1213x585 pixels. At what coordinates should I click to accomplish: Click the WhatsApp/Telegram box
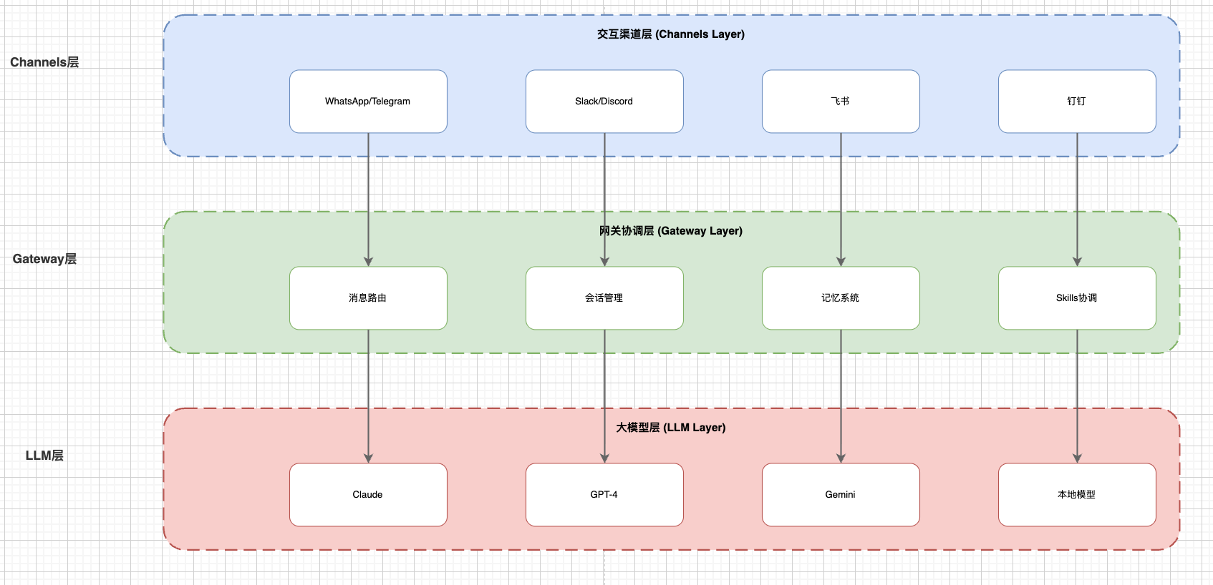click(368, 102)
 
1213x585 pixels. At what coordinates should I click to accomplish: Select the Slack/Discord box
click(604, 102)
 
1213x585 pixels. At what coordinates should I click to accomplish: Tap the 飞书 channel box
click(841, 102)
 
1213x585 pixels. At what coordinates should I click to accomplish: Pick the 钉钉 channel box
click(1077, 102)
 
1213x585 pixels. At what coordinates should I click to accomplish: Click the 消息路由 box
click(368, 298)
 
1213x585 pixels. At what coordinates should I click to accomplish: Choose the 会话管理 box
click(604, 298)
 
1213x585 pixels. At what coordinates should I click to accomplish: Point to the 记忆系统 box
click(841, 298)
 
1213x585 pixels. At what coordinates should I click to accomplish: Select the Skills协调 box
click(1077, 298)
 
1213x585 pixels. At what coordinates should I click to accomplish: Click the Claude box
click(368, 495)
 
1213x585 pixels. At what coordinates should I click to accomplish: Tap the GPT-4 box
click(604, 495)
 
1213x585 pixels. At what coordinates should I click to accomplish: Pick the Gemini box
click(841, 495)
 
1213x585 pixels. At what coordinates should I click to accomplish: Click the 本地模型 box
click(1077, 495)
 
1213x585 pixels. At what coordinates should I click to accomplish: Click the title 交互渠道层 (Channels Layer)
click(671, 34)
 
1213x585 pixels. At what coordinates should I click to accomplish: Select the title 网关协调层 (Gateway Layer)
click(671, 231)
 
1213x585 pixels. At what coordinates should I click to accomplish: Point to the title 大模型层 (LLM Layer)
click(671, 428)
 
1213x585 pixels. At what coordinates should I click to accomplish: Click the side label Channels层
click(44, 62)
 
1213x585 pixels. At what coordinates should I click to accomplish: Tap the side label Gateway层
click(44, 259)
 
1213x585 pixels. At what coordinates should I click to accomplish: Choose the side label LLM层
click(44, 456)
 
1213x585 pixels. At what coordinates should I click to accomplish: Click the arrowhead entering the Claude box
click(368, 458)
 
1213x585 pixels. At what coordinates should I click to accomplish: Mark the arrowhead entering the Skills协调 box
click(1077, 262)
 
